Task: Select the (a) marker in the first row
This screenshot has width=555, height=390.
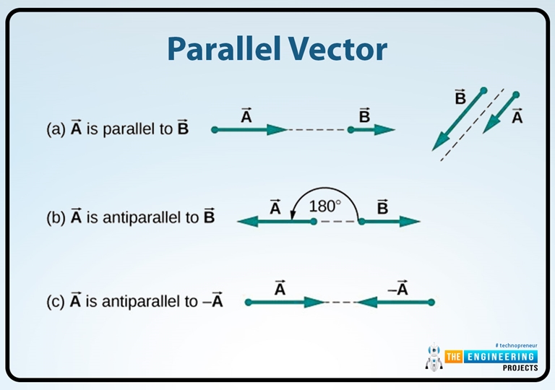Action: click(56, 130)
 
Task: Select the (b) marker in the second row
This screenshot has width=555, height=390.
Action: click(56, 217)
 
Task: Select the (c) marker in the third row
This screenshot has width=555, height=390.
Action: click(56, 301)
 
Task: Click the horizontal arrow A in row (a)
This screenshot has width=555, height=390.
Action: click(250, 130)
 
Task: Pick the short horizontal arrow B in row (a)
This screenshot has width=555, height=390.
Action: click(372, 130)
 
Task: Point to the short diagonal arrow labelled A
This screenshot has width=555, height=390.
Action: click(501, 113)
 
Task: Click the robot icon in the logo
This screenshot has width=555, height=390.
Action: click(434, 358)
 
